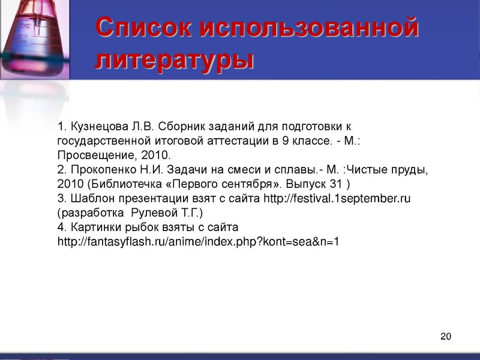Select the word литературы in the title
(x=174, y=61)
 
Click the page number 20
(x=445, y=336)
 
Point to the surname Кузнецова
(x=100, y=127)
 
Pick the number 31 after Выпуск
(x=338, y=184)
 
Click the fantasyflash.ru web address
(x=198, y=242)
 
